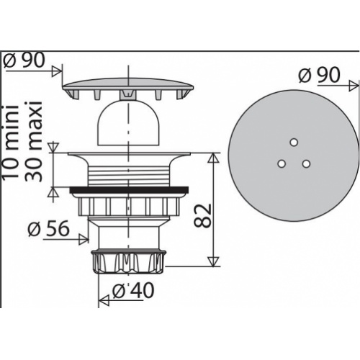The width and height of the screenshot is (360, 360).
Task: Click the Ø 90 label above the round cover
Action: [319, 75]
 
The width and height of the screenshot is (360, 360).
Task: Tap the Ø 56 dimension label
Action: [49, 228]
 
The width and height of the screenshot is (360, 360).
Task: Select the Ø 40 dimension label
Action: [133, 290]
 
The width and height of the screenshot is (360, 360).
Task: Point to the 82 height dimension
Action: [202, 215]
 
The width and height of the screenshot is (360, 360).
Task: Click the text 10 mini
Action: [11, 141]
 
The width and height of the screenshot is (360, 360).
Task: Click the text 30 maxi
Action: [33, 141]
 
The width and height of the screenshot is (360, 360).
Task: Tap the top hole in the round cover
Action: [293, 143]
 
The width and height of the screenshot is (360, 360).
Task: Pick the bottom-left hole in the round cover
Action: [282, 164]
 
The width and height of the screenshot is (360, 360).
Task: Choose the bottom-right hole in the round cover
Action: [306, 164]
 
